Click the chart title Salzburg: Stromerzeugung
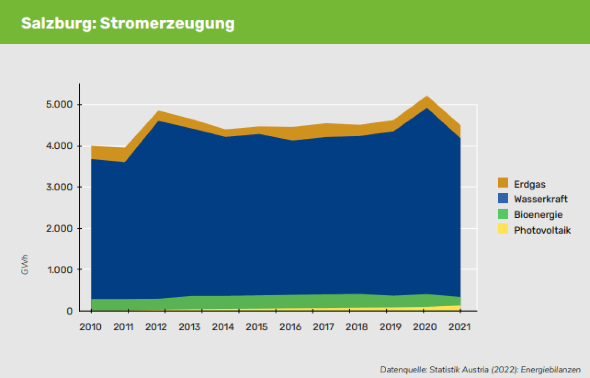128,23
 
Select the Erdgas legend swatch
503,183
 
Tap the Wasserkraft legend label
541,199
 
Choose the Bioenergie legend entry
538,214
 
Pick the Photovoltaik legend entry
542,230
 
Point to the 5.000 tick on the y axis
59,104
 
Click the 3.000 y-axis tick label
59,187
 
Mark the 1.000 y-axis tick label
59,270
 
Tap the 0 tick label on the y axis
70,311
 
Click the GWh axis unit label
25,265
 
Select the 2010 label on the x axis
91,327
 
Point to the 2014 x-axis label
223,327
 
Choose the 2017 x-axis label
323,327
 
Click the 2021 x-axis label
459,327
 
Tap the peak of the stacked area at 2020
426,96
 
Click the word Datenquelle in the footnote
403,370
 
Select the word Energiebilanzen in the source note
550,370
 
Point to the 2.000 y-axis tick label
59,228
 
